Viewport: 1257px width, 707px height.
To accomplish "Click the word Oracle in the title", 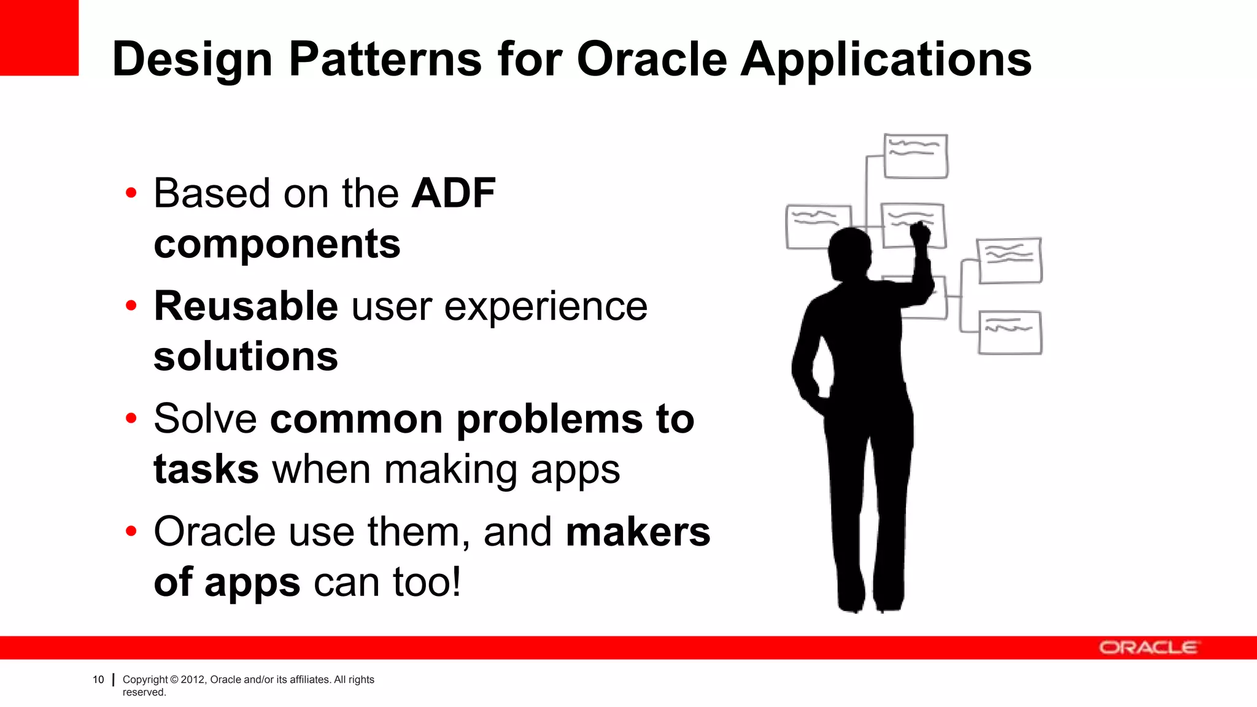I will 652,60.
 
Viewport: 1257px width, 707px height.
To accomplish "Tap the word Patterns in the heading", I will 385,60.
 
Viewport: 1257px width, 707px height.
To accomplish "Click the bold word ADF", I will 453,193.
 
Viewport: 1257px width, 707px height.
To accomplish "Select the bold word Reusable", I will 246,306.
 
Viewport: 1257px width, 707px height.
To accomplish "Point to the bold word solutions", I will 246,357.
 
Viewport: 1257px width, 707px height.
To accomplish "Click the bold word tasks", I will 206,469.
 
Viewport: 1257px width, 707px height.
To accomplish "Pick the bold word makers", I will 638,531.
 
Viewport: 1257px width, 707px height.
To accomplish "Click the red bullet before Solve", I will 131,419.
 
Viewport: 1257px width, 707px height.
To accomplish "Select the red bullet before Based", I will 131,193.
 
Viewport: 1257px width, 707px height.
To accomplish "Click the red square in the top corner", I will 39,37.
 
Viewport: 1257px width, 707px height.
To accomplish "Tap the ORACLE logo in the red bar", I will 1148,648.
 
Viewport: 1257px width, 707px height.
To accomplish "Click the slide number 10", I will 98,679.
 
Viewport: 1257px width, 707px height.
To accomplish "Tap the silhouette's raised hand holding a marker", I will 920,233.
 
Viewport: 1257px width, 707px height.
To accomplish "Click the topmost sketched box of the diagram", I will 915,156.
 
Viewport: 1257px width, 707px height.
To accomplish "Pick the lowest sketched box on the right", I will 1010,333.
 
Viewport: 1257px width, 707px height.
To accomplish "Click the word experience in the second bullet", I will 545,306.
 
